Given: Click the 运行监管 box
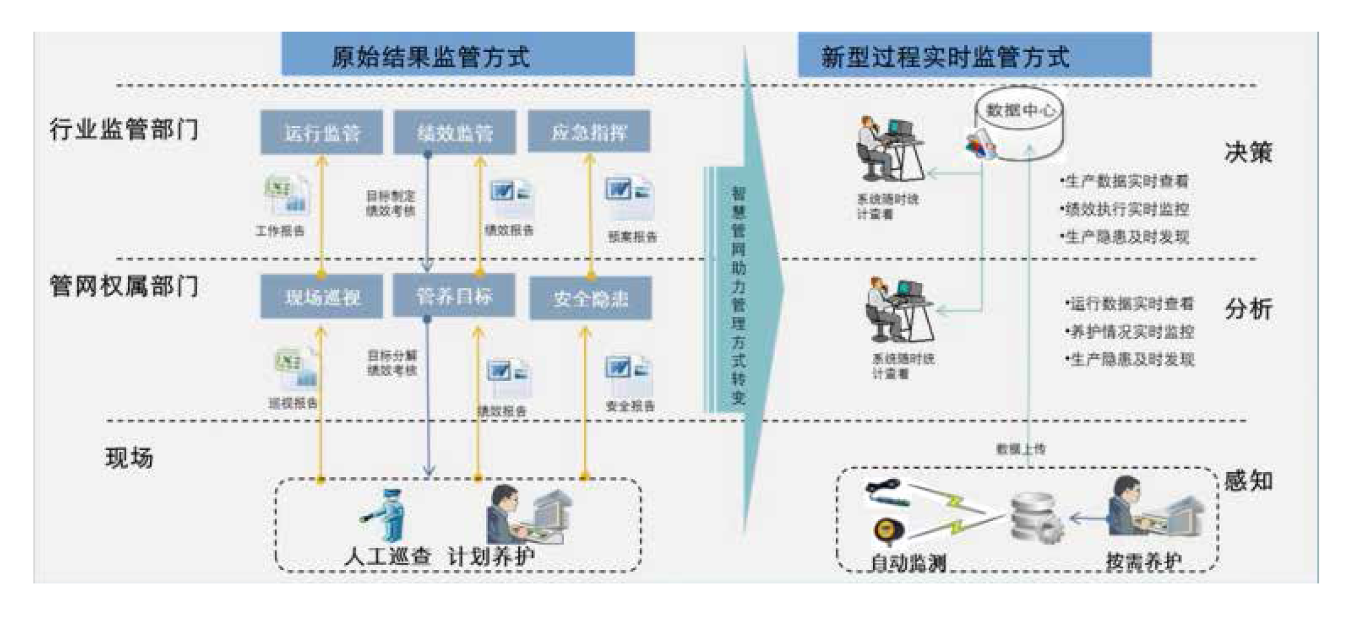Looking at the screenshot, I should [321, 132].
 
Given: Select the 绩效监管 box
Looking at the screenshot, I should [454, 132].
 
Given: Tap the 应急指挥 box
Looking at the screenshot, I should [589, 131].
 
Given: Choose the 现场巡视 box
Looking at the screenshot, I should [321, 297].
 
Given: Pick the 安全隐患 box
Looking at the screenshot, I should [590, 298].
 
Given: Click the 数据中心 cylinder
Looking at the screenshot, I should [1020, 122].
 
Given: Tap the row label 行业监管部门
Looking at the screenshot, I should [124, 129].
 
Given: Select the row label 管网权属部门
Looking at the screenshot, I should [124, 286].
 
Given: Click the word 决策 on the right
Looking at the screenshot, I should [1248, 152].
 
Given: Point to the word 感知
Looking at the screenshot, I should [1248, 481].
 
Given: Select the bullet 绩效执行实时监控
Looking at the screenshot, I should [1125, 209].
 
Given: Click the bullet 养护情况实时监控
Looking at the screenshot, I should [1131, 331].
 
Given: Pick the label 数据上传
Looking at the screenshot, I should [1021, 449].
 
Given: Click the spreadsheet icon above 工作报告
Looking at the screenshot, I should [287, 194].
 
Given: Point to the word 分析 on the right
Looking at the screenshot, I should [1248, 309].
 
